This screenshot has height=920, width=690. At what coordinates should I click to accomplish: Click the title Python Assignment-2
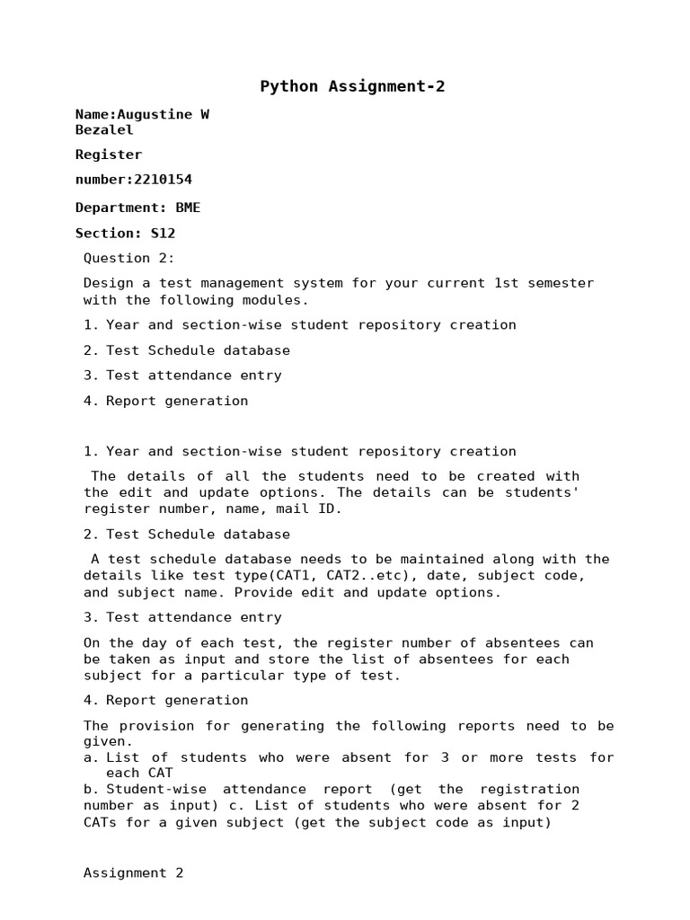[x=352, y=87]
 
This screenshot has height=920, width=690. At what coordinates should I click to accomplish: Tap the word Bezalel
[x=104, y=129]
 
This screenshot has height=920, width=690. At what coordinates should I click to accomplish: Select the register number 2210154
[x=163, y=180]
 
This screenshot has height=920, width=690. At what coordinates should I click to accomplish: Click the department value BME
[x=188, y=208]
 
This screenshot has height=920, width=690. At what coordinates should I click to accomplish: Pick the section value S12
[x=163, y=233]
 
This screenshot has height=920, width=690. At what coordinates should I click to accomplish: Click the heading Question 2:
[x=129, y=258]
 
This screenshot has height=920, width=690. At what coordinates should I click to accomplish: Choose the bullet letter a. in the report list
[x=91, y=757]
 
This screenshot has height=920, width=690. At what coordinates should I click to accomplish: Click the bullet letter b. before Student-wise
[x=91, y=789]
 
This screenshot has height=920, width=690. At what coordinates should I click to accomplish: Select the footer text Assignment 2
[x=134, y=872]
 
